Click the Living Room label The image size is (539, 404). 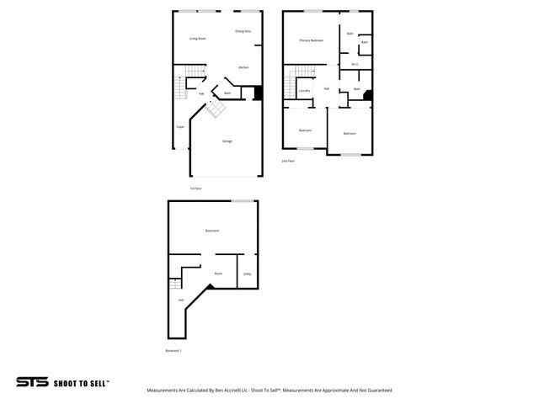pyautogui.click(x=198, y=39)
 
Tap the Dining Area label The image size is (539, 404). pyautogui.click(x=243, y=31)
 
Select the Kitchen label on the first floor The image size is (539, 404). pyautogui.click(x=243, y=67)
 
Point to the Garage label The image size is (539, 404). pyautogui.click(x=227, y=141)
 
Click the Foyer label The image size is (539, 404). pyautogui.click(x=180, y=127)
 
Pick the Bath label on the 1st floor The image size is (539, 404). pyautogui.click(x=227, y=93)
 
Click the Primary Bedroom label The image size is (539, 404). pyautogui.click(x=311, y=40)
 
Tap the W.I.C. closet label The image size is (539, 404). pyautogui.click(x=355, y=64)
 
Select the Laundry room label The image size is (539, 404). pyautogui.click(x=304, y=90)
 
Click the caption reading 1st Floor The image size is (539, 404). pyautogui.click(x=195, y=188)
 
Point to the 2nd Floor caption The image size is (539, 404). pyautogui.click(x=288, y=160)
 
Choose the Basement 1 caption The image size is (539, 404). pyautogui.click(x=173, y=350)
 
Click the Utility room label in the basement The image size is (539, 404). pyautogui.click(x=247, y=274)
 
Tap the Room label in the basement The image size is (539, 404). pyautogui.click(x=218, y=274)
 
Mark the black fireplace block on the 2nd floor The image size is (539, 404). pyautogui.click(x=367, y=95)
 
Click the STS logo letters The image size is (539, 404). pyautogui.click(x=32, y=382)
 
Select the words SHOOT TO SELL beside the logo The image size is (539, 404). pyautogui.click(x=82, y=383)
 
